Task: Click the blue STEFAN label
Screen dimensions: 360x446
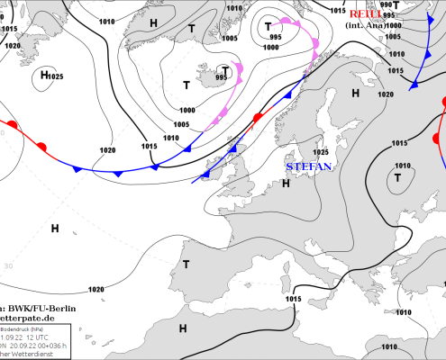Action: [309, 166]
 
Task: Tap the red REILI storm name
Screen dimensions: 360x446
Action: [364, 14]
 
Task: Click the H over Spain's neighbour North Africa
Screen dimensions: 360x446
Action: [184, 329]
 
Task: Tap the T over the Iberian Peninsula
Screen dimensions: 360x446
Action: [186, 264]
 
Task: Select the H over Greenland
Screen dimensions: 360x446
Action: [154, 22]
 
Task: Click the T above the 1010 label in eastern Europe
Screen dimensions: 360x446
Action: [396, 178]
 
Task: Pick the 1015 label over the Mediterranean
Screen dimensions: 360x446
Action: [293, 299]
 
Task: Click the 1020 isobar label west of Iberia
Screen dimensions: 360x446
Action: [96, 290]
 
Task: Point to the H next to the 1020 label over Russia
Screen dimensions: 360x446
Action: [356, 92]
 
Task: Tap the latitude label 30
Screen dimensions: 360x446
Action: [8, 266]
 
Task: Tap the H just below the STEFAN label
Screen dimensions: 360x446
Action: [286, 184]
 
